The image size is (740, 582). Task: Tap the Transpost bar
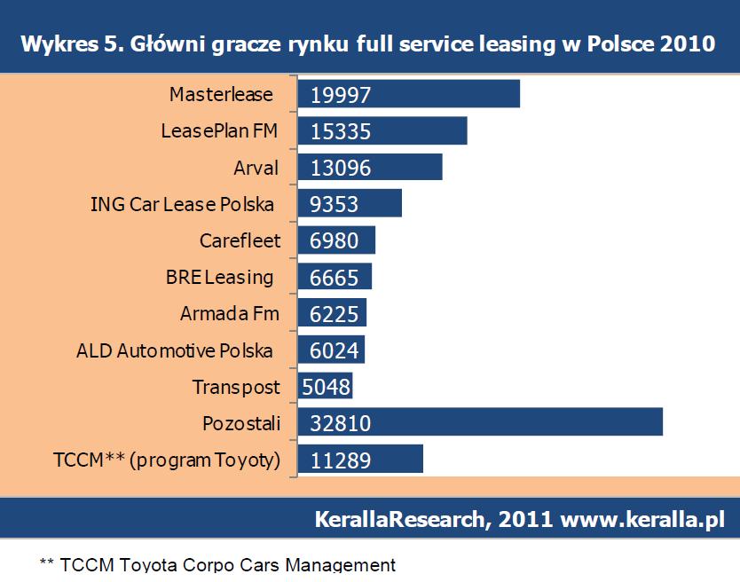326,386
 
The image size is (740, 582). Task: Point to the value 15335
341,131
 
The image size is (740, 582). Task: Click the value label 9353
335,204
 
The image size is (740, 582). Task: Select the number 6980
335,240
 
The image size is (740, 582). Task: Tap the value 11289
341,460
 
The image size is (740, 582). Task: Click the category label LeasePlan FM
219,130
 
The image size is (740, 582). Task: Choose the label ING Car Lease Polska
181,203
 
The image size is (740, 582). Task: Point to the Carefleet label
240,240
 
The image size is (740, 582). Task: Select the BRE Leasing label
219,277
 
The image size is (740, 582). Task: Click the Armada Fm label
229,313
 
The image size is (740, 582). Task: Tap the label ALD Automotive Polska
175,350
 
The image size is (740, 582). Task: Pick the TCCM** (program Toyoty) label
167,460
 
